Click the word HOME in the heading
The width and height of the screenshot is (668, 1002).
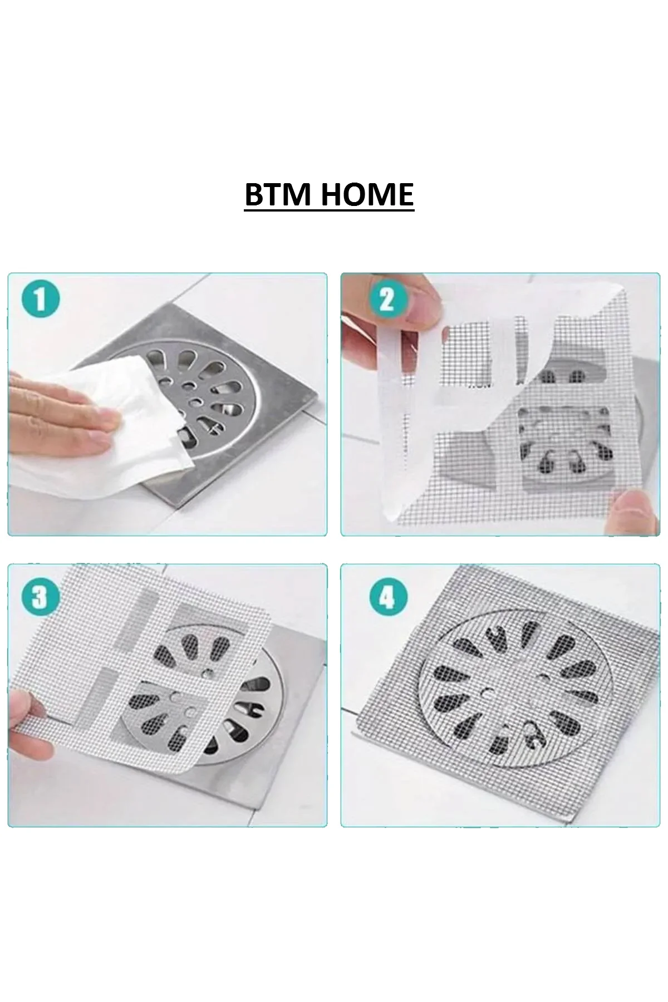[367, 194]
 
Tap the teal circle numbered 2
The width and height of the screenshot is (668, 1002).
[386, 300]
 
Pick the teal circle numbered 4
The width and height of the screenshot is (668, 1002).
[387, 598]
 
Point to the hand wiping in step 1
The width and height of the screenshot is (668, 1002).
[61, 406]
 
